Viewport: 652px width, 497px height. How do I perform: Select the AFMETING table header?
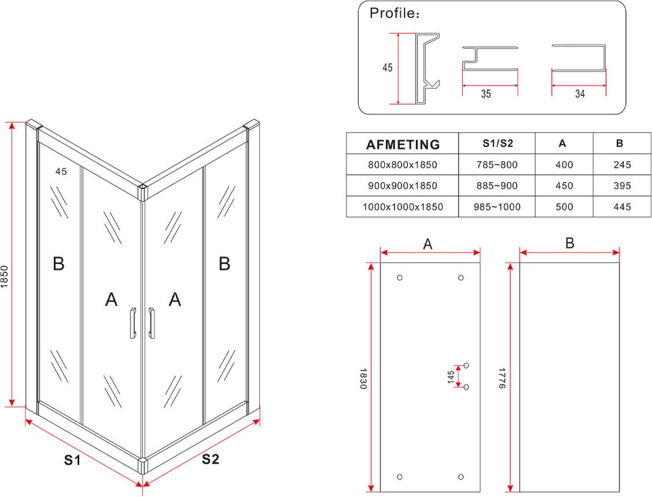403,144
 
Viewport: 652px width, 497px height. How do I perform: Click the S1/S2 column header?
498,144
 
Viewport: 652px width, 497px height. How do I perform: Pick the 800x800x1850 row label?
403,165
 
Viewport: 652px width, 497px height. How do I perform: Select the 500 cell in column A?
564,207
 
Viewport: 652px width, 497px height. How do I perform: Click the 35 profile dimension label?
486,94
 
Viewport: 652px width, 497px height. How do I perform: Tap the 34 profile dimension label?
580,94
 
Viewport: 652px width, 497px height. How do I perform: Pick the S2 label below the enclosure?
210,460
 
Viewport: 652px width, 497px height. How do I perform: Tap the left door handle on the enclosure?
132,324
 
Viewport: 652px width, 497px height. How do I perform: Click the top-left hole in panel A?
400,278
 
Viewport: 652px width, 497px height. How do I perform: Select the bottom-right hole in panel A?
461,477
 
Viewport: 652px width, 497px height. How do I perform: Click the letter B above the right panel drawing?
569,243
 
